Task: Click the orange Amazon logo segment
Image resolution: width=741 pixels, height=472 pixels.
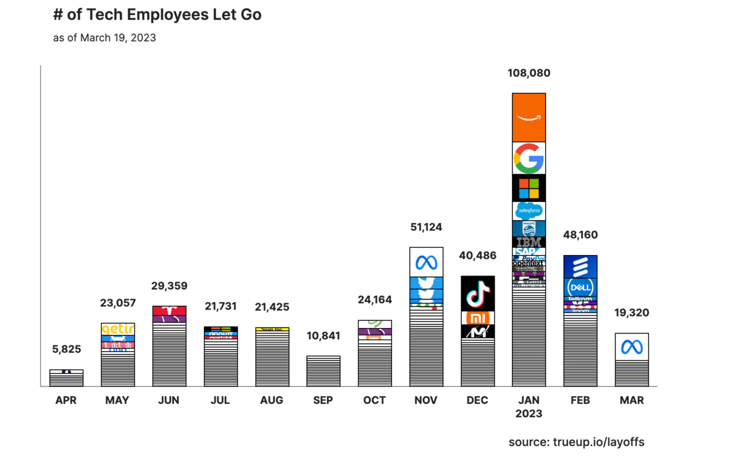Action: (x=529, y=117)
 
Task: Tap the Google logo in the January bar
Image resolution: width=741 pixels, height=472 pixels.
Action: (x=529, y=158)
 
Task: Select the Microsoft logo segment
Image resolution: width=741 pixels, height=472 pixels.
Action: (x=529, y=188)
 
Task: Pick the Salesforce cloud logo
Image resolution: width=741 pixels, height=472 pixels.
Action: (x=529, y=211)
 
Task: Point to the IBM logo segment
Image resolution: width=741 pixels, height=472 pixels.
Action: (x=529, y=242)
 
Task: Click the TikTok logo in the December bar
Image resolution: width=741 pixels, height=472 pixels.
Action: (x=478, y=293)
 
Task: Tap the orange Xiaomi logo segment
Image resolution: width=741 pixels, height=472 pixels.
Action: (x=478, y=318)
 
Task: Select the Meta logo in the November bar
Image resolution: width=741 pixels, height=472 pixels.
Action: (x=426, y=262)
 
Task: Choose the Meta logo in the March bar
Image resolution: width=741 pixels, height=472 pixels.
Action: (x=632, y=347)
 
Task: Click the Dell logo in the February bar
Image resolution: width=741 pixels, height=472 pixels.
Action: (x=580, y=288)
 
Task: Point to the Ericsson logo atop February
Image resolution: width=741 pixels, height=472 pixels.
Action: (x=580, y=267)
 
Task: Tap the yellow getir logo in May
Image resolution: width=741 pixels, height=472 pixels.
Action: (x=117, y=329)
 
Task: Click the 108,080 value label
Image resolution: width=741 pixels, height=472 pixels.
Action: (x=529, y=74)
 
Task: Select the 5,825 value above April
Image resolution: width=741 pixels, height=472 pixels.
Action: (x=66, y=349)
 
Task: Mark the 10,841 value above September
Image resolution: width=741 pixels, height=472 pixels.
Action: (x=323, y=336)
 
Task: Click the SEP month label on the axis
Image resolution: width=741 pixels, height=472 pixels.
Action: (x=323, y=400)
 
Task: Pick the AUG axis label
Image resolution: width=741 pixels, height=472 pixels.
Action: (x=272, y=400)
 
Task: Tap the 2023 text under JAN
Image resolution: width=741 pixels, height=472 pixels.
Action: (x=529, y=414)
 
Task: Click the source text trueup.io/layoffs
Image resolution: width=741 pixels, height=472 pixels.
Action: (x=576, y=442)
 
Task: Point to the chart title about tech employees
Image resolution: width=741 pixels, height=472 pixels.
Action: (x=157, y=15)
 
